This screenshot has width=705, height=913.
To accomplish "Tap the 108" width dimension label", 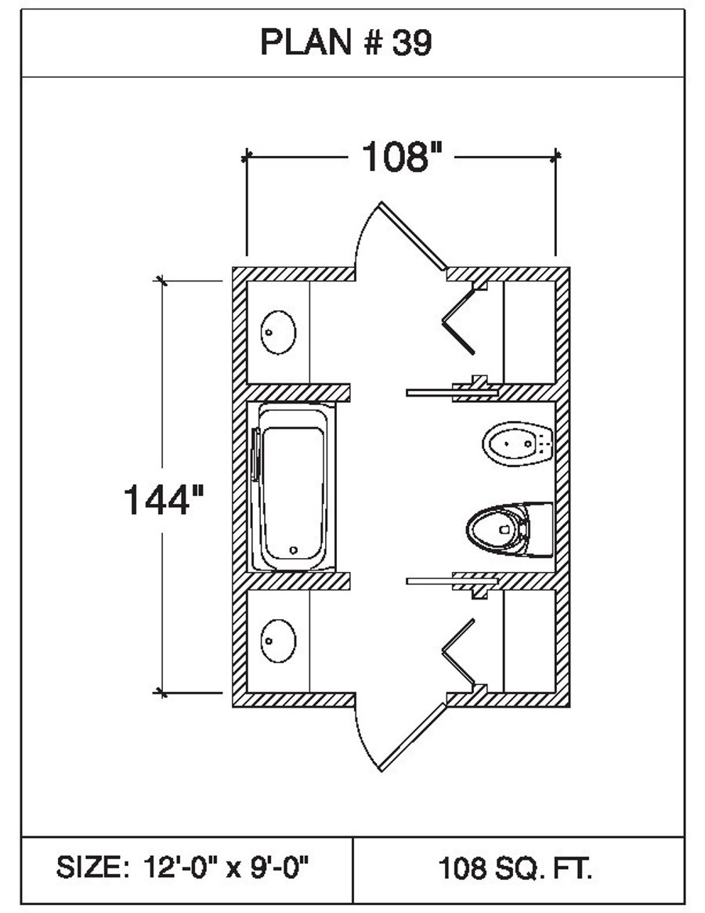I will point(402,158).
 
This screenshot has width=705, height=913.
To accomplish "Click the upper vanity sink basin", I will point(277,332).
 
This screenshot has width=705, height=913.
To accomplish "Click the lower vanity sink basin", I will point(277,640).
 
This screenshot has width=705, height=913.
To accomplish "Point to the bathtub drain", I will point(293,549).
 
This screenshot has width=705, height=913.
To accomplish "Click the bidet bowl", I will point(509,444).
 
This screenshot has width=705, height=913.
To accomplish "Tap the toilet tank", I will point(540,530).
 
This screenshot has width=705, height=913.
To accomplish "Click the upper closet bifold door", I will point(461,321).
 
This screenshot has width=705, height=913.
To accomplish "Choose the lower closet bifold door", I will point(461,651).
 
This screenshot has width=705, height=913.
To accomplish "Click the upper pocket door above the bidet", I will point(431,390).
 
